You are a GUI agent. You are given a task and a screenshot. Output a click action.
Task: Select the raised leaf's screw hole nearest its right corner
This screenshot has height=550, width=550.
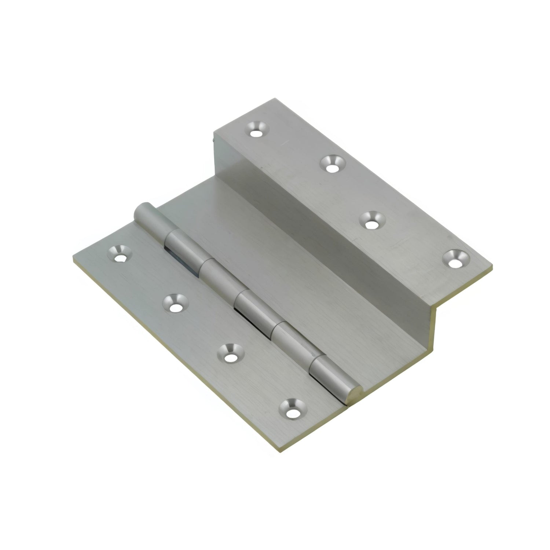pyautogui.click(x=455, y=258)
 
